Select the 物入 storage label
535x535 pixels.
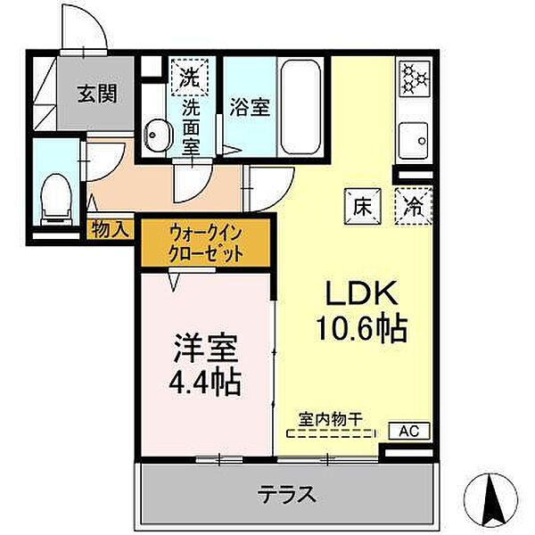coord(111,229)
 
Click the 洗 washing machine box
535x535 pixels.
coord(190,74)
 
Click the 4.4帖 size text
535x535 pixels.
coord(205,383)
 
